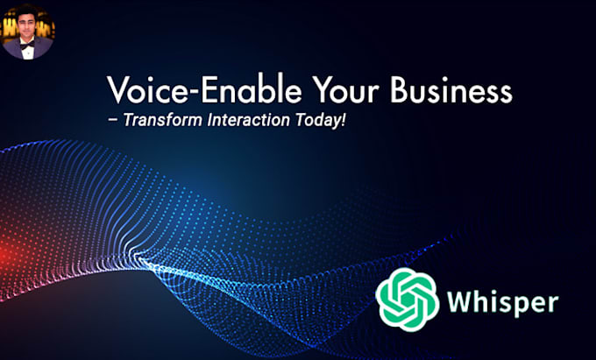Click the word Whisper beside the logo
point(501,303)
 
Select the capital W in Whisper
point(458,303)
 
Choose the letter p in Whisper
point(517,306)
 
